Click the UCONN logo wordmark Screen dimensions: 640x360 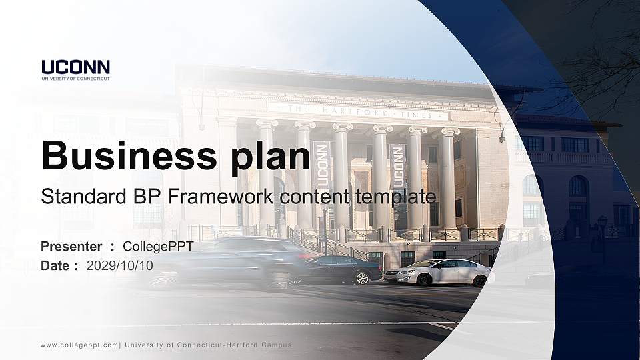(x=75, y=67)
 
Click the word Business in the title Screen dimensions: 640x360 (x=129, y=155)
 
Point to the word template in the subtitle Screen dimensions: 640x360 (x=395, y=197)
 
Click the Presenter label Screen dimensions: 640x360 (x=71, y=247)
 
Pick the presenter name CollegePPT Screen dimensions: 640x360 (x=158, y=247)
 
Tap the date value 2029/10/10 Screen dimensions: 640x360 (x=119, y=266)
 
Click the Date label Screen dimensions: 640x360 (x=55, y=266)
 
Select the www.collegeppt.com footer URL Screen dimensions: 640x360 (x=79, y=345)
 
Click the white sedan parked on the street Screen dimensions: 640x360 (x=437, y=272)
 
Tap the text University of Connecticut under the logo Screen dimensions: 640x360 (x=75, y=79)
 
